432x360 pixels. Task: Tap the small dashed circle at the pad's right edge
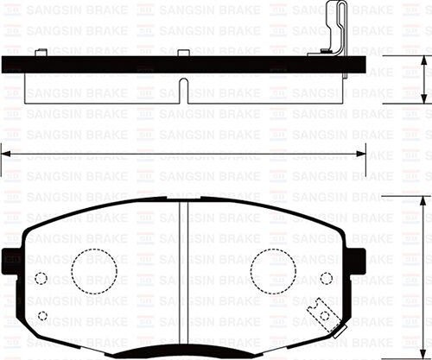coord(326,278)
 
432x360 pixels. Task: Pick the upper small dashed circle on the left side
coord(40,278)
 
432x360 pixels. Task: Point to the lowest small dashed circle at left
coord(43,317)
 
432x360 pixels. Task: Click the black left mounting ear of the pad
coord(11,258)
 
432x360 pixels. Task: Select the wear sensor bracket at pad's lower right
coord(322,312)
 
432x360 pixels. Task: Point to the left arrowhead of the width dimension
coord(5,154)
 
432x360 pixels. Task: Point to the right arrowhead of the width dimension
coord(363,154)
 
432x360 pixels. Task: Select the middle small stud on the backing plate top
coord(183,54)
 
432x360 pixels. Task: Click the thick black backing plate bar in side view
coord(130,65)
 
